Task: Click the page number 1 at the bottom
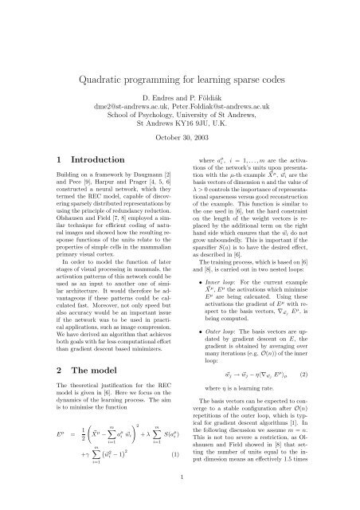click(180, 499)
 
